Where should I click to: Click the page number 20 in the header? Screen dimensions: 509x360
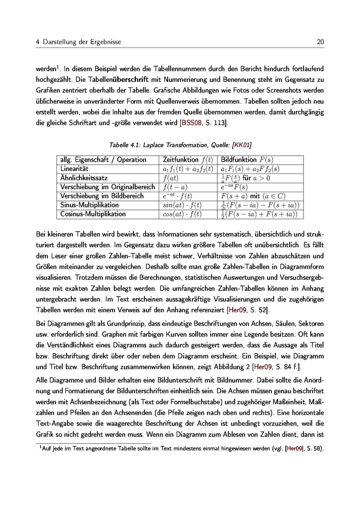click(x=321, y=42)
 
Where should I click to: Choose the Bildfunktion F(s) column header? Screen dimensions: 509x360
click(x=247, y=160)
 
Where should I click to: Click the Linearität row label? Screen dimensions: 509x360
click(x=74, y=169)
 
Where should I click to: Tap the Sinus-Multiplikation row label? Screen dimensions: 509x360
click(x=90, y=205)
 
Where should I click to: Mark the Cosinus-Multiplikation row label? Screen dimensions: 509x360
click(x=93, y=214)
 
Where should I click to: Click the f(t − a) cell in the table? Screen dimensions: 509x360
click(x=175, y=187)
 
